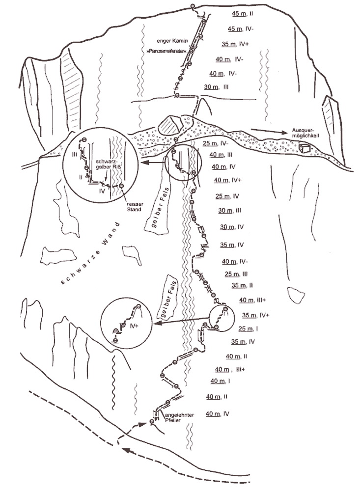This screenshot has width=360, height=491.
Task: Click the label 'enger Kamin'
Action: click(172, 41)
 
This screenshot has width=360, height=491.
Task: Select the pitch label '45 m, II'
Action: click(243, 13)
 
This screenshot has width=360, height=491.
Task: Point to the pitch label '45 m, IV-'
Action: click(241, 29)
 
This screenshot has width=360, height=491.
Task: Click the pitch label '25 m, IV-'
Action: click(216, 143)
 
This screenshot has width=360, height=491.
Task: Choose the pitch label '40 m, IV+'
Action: click(227, 180)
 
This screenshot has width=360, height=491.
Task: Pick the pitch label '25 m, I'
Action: click(248, 328)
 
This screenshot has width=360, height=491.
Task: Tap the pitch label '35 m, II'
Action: click(242, 285)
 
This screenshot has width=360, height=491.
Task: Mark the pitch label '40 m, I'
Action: click(220, 381)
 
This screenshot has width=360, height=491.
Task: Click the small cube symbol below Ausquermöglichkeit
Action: click(304, 148)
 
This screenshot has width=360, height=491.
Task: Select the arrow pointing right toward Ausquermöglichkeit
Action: click(269, 131)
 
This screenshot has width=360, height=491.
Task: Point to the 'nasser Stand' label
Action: click(135, 207)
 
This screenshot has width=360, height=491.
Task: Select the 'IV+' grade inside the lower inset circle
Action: click(134, 326)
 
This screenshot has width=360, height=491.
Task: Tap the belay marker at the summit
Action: click(193, 6)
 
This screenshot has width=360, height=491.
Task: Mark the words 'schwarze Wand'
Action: click(90, 253)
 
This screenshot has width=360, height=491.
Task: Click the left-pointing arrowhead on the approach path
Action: click(125, 450)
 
